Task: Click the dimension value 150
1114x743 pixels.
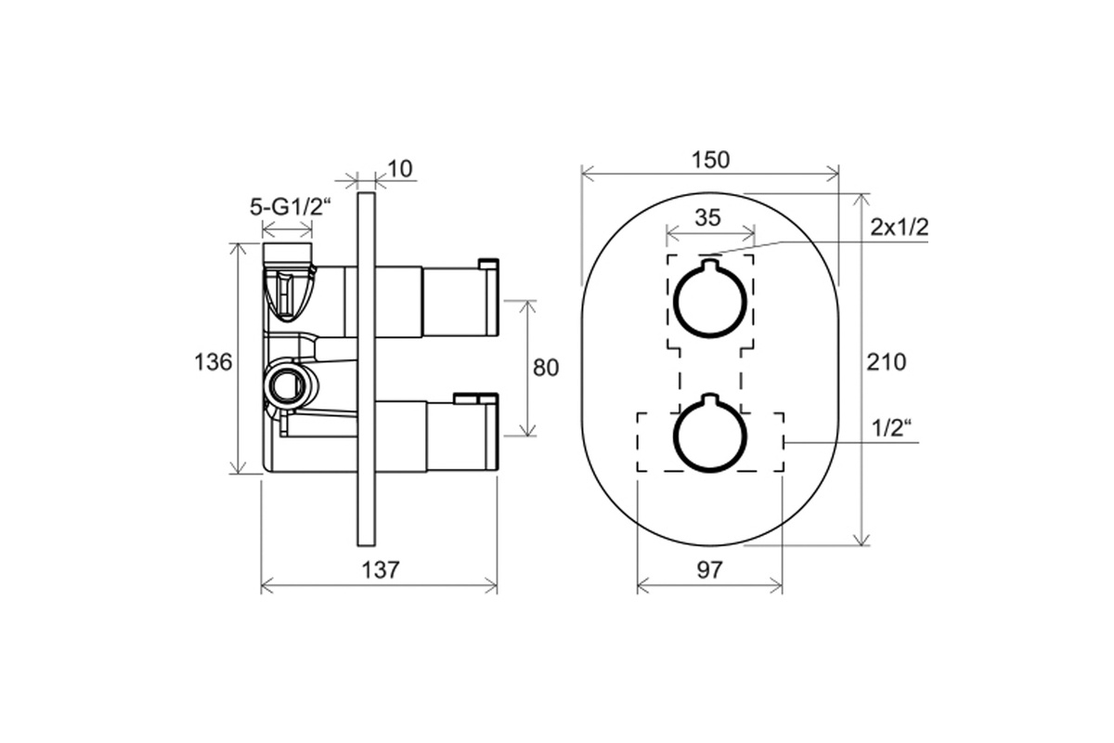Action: [711, 160]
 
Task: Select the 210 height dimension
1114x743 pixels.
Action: [887, 362]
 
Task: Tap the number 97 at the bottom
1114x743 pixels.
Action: [709, 570]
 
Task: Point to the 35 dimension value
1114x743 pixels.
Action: [707, 217]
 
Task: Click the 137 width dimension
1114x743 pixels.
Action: [380, 570]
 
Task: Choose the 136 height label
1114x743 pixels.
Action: [213, 362]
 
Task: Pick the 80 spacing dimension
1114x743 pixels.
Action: [546, 368]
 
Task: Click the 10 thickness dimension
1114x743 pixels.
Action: [400, 169]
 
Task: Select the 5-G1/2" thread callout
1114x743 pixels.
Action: [291, 206]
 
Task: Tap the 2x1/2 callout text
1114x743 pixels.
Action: [900, 228]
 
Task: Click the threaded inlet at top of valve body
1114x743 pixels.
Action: [287, 254]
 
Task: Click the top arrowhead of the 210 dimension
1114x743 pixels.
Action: [861, 199]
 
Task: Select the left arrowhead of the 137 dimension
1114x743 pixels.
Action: [267, 586]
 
